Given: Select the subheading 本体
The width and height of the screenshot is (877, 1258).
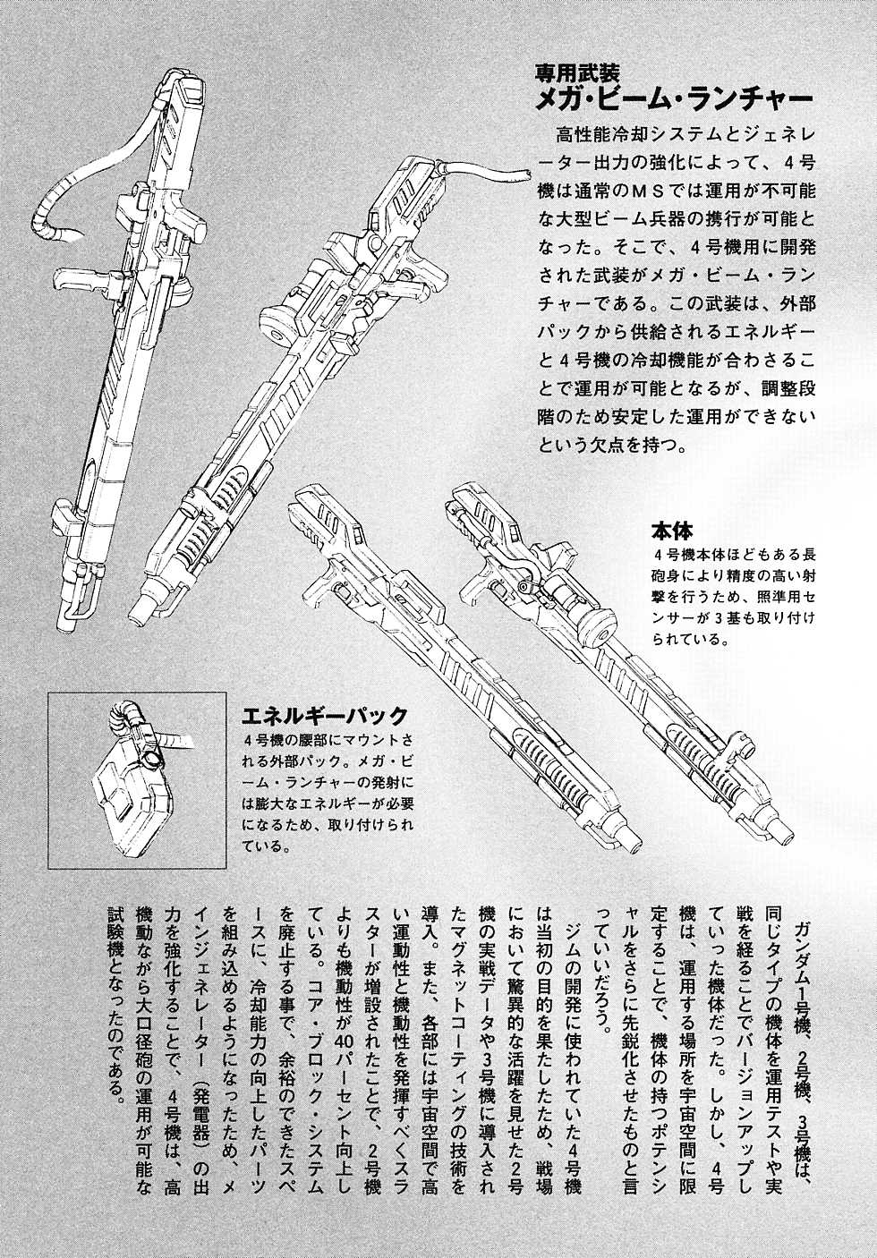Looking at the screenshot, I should [x=672, y=531].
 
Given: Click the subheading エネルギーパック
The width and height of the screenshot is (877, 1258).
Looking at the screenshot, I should [x=325, y=716].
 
